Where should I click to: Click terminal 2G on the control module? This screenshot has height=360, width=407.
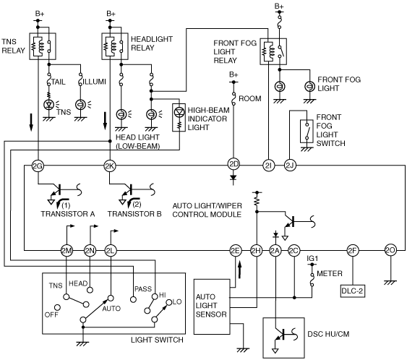[38, 166]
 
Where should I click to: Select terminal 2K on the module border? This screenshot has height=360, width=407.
[109, 166]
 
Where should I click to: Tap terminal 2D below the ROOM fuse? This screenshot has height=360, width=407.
[234, 164]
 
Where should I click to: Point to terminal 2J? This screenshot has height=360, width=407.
[290, 166]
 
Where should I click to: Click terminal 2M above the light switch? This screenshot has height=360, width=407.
[67, 250]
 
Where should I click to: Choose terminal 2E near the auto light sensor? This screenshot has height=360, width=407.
[235, 250]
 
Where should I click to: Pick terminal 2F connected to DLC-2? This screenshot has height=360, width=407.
[352, 250]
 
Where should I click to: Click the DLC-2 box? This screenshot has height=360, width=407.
[353, 291]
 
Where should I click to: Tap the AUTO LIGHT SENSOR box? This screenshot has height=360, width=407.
[212, 307]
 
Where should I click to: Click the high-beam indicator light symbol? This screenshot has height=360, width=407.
[179, 117]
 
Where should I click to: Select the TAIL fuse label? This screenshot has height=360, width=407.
[59, 82]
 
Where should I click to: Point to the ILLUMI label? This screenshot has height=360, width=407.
[95, 82]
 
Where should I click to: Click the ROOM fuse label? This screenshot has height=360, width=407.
[249, 98]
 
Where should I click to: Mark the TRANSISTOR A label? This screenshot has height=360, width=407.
[68, 214]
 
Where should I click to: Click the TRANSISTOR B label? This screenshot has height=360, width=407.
[134, 214]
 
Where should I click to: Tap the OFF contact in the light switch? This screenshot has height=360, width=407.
[57, 307]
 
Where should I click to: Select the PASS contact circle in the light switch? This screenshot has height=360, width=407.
[133, 299]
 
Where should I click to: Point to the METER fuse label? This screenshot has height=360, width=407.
[330, 273]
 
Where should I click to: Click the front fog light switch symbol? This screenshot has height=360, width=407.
[307, 131]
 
